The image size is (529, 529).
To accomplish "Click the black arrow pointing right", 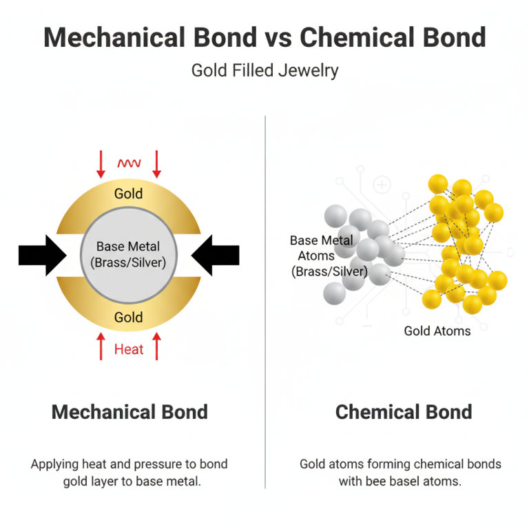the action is click(x=42, y=256).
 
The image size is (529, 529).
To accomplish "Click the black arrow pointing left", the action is click(x=215, y=256).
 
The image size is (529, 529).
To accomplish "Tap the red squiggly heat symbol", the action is click(x=129, y=163).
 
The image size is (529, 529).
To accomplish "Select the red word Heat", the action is click(x=129, y=349).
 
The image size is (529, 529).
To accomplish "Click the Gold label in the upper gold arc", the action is click(x=129, y=194).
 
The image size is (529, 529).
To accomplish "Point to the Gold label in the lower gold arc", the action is click(x=129, y=317).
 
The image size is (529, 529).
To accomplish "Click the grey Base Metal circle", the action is click(x=129, y=255).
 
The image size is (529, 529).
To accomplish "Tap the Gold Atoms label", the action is click(x=437, y=331).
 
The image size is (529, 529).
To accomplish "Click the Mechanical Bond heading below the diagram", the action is click(x=129, y=412).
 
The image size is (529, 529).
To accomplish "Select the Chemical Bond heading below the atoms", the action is click(x=404, y=412).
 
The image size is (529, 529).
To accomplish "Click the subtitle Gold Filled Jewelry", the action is click(x=264, y=71).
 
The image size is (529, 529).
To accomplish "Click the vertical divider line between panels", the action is click(x=265, y=302).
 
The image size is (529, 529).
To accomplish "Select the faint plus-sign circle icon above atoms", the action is click(x=382, y=185).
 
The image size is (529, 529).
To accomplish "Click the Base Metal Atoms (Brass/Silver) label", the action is click(x=329, y=256).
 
